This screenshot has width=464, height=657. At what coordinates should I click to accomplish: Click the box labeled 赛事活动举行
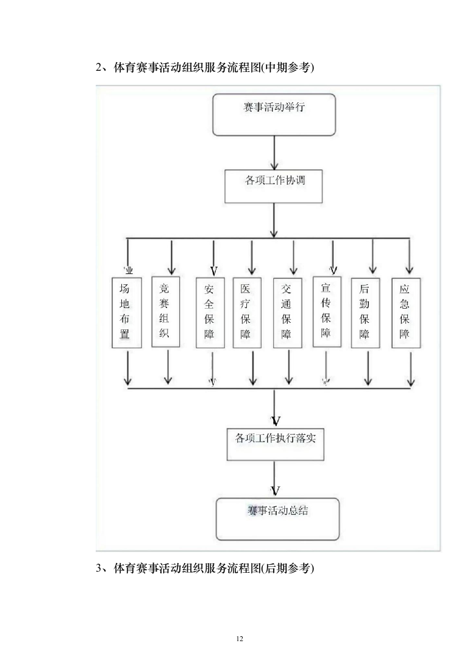point(274,114)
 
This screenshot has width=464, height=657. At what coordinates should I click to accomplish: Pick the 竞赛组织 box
point(165,311)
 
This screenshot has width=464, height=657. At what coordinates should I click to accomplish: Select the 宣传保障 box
point(327,312)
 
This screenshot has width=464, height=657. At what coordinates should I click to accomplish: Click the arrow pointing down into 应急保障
point(409,256)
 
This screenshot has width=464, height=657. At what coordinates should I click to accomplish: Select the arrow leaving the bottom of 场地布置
point(128,368)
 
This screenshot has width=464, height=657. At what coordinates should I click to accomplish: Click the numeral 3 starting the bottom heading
point(99,569)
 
